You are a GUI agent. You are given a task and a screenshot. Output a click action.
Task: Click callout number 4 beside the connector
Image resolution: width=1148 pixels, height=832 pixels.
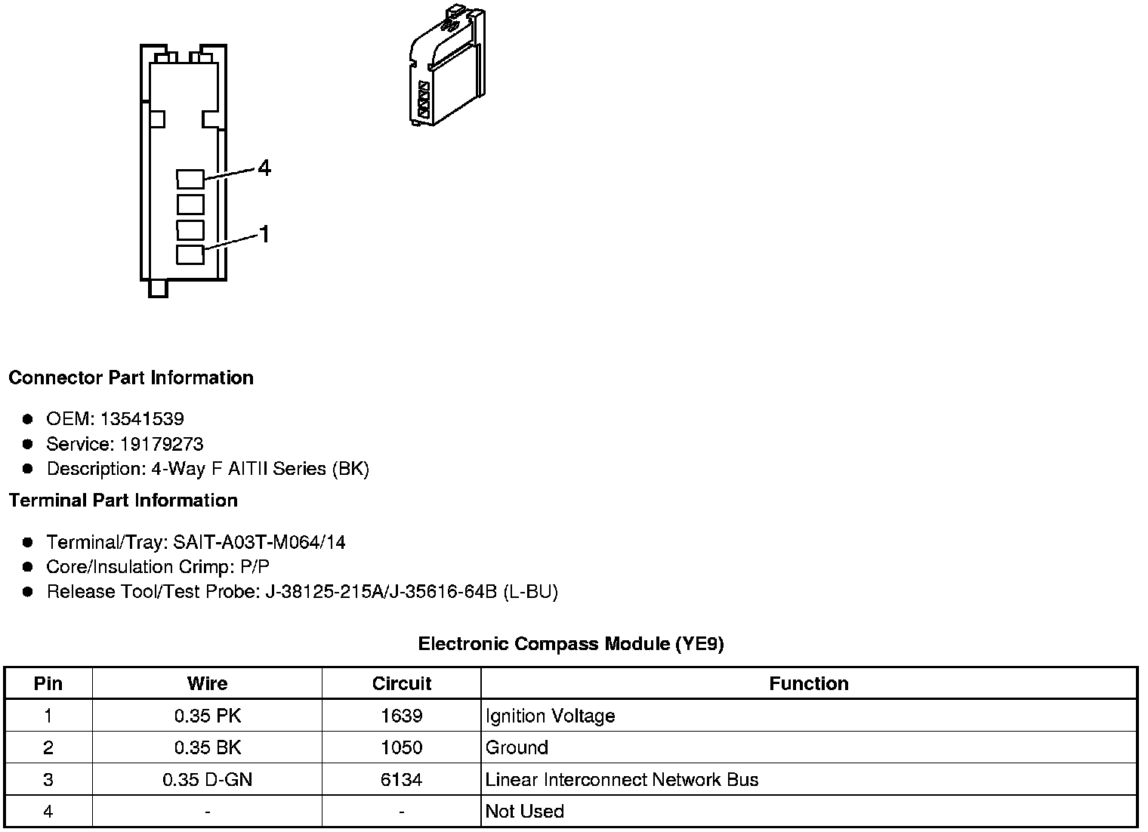(x=264, y=168)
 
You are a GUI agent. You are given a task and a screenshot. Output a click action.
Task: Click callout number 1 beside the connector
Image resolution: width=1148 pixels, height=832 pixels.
(x=264, y=235)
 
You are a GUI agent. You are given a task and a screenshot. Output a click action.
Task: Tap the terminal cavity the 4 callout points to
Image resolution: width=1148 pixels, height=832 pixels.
(x=190, y=179)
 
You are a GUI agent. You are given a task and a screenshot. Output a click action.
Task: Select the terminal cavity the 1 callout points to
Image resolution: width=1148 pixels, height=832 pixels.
(x=190, y=254)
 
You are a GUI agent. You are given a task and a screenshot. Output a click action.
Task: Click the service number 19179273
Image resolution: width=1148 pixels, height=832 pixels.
(x=162, y=444)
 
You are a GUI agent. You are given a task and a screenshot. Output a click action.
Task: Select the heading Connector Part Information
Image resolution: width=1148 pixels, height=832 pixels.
(x=131, y=377)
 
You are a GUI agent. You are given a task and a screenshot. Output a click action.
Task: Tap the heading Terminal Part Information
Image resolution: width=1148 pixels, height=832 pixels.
(x=123, y=501)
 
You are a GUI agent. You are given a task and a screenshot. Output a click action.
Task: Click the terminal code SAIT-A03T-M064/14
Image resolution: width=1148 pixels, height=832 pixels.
(x=259, y=542)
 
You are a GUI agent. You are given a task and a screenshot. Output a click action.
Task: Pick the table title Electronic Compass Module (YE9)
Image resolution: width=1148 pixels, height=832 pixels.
(x=571, y=644)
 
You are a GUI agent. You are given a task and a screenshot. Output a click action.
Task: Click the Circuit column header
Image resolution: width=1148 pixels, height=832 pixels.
(x=401, y=684)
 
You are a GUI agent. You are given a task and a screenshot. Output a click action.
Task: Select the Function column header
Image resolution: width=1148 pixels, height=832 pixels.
(x=808, y=684)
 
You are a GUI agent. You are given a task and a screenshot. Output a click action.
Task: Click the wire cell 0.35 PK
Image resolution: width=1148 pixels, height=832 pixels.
(x=207, y=716)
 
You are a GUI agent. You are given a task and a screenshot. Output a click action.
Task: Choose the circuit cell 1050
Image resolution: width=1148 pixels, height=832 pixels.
(x=401, y=747)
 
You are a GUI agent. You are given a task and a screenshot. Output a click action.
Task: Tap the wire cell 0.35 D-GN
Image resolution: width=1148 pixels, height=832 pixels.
(x=207, y=780)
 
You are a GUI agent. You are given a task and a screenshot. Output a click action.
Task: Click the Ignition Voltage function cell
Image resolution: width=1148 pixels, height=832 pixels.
(x=550, y=716)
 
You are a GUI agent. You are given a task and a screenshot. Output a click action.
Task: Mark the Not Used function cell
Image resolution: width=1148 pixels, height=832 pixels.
(x=524, y=812)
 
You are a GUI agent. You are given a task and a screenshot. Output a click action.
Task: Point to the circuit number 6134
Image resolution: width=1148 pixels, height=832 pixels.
(x=401, y=780)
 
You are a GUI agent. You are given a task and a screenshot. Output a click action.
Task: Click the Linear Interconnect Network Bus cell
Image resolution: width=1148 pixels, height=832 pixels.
(x=622, y=780)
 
